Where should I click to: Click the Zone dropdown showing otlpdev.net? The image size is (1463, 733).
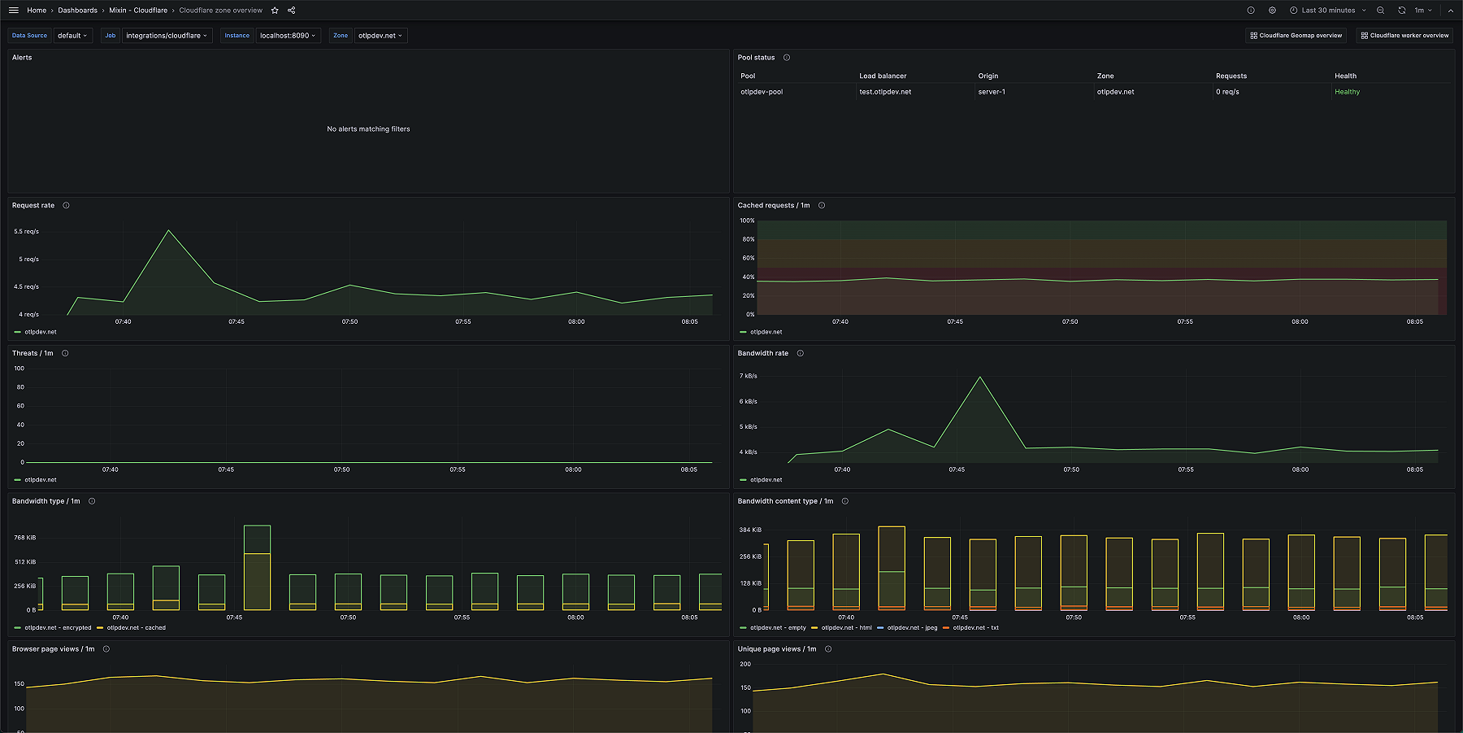point(380,36)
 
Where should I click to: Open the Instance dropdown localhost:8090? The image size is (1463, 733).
point(288,36)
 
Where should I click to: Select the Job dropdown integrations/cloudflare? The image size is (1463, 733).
point(167,36)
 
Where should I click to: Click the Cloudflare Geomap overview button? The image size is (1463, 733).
point(1296,36)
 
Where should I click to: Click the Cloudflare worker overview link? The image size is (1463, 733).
point(1404,36)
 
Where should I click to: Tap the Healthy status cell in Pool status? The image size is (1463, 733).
point(1347,92)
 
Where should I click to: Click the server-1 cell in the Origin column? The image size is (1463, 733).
point(992,92)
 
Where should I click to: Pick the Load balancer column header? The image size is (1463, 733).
point(883,76)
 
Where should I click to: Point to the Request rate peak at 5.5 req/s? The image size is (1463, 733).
point(169,230)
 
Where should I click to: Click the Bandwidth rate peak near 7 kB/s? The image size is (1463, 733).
point(980,377)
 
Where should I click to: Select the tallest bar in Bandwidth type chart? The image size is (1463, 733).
point(257,567)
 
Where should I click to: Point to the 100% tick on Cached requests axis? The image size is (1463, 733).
point(746,220)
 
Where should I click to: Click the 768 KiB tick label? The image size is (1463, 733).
point(24,538)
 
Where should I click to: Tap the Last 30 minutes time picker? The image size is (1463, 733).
point(1328,11)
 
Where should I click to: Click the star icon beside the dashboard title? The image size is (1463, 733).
point(275,11)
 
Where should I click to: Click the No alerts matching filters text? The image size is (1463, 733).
point(368,129)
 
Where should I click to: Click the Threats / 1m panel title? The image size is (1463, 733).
point(33,353)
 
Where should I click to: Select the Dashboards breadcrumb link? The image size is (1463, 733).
point(77,11)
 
